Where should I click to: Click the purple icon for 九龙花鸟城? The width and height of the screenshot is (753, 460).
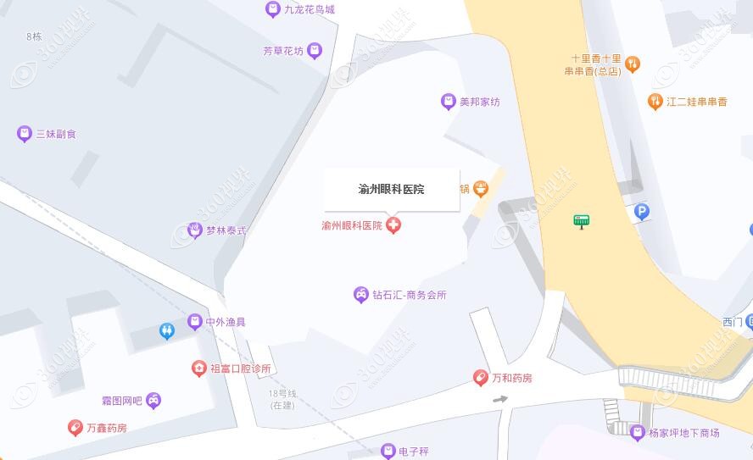point(273,9)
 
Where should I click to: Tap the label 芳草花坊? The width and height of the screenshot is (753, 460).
point(282,51)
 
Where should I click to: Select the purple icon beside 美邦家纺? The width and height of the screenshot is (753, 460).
point(448,102)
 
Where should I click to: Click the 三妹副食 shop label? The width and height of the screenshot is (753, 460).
point(56,134)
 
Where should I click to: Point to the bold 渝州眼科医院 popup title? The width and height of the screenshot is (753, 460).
point(391,190)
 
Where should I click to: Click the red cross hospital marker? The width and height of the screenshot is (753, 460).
point(393,225)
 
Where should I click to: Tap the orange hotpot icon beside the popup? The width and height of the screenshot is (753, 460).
point(481,188)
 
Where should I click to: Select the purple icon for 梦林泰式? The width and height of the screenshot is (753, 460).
point(194,230)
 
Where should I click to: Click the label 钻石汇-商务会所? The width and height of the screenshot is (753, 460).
point(409,295)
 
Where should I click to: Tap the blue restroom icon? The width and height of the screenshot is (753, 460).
point(166,331)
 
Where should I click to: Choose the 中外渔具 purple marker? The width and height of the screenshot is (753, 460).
point(195,323)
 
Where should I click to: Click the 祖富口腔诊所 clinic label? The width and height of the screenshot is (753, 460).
point(240,369)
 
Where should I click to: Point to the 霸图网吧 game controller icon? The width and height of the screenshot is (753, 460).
point(153,400)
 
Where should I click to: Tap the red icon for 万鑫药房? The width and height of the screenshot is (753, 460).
point(75,428)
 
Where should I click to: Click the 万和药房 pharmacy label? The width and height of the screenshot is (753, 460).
point(512,378)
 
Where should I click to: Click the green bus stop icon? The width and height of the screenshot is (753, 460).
point(581,222)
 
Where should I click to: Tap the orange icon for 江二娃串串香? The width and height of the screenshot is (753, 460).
point(655,102)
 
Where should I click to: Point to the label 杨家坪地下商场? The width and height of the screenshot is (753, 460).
point(683,433)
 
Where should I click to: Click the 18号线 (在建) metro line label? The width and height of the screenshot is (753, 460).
point(282,399)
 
